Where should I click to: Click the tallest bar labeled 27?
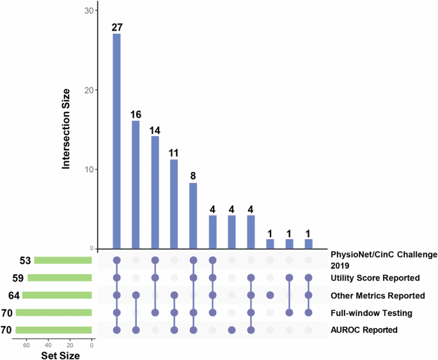point(116,141)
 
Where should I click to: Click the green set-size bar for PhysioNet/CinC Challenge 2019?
point(63,260)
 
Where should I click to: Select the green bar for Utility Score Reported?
point(60,278)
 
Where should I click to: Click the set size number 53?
point(25,260)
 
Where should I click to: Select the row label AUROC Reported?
point(364,330)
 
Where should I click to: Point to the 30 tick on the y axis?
point(90,11)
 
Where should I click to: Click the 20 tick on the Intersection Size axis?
point(90,90)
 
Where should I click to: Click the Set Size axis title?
point(61,354)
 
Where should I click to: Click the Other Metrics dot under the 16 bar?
point(136,295)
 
